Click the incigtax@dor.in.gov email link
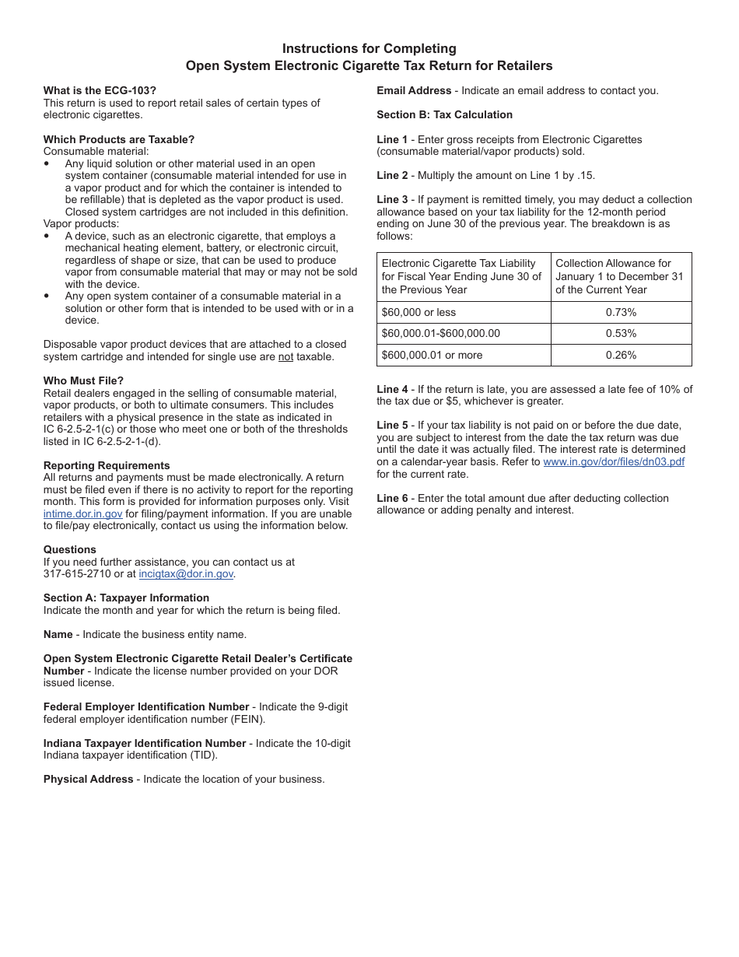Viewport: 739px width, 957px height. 186,574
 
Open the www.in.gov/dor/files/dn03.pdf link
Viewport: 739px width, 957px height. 614,461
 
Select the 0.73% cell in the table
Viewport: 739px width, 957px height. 621,312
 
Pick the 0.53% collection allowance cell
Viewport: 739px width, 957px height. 621,333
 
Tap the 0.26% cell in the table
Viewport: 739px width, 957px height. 621,355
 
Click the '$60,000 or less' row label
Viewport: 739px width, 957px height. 419,312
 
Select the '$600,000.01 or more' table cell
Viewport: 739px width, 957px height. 432,355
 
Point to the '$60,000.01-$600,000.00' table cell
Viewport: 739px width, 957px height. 440,333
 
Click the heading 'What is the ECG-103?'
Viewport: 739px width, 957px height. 100,90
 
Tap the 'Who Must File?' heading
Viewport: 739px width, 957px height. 83,380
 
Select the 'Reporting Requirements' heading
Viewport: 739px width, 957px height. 107,465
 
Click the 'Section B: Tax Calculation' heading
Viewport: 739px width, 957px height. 444,114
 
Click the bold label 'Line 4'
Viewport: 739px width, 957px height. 392,389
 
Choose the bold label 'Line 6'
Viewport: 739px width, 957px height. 392,498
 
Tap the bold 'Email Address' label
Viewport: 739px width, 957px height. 414,90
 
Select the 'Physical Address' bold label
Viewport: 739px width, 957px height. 88,779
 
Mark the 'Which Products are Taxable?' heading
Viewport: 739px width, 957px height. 119,139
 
